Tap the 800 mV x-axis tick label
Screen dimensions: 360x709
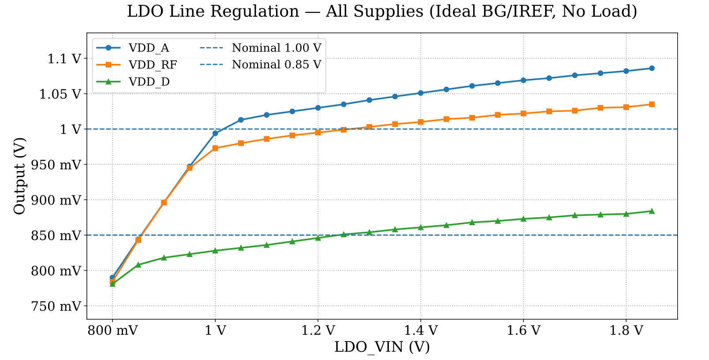click(x=112, y=330)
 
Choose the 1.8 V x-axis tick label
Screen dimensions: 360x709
click(x=626, y=330)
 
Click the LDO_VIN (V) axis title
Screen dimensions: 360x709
click(x=382, y=347)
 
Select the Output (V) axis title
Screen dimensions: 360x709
click(x=19, y=176)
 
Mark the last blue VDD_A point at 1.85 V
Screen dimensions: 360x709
click(x=652, y=68)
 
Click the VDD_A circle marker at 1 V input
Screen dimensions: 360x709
click(x=215, y=133)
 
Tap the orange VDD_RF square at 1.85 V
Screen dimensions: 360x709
click(x=652, y=104)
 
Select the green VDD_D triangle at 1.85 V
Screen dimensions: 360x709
click(x=652, y=211)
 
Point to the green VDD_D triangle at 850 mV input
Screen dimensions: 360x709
click(x=138, y=265)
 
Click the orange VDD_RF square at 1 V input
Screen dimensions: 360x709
click(x=215, y=148)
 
